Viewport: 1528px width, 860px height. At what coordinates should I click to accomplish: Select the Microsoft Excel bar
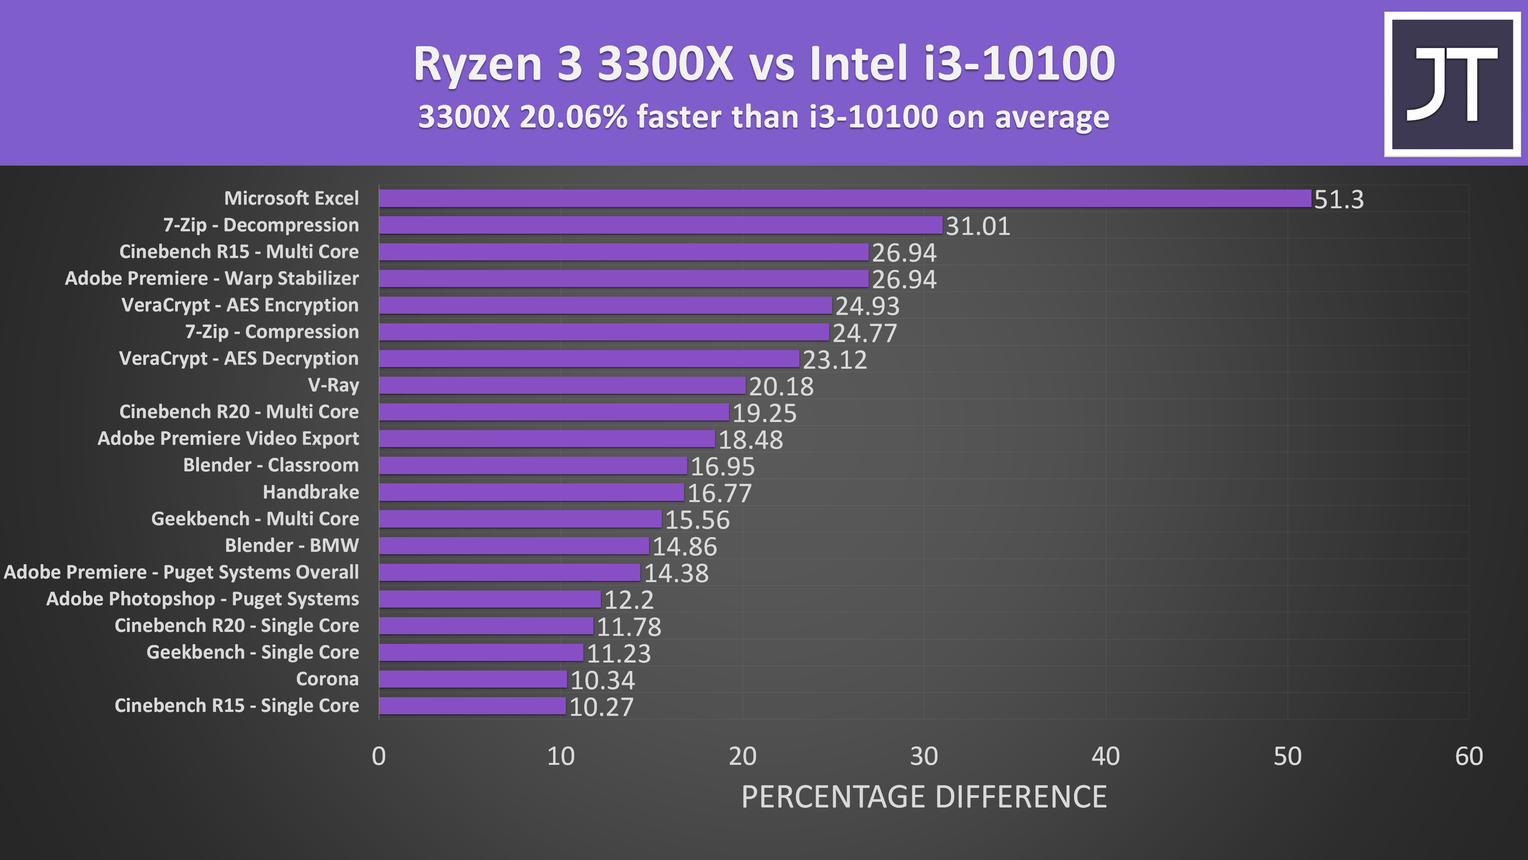pos(845,198)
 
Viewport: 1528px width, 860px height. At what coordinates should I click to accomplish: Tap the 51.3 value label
pos(1339,199)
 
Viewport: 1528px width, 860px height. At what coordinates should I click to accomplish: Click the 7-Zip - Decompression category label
pos(261,225)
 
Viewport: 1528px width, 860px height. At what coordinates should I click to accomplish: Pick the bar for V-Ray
pos(562,385)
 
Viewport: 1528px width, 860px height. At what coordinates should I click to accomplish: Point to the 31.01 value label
pos(978,226)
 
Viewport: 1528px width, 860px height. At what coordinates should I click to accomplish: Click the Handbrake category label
pos(311,492)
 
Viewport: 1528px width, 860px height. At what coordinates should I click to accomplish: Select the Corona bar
pos(473,679)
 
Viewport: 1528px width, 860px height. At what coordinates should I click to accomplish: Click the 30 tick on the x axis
pos(924,756)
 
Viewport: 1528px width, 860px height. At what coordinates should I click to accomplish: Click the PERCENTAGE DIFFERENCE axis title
pos(924,796)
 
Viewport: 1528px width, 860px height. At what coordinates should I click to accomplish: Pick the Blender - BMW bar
pos(514,545)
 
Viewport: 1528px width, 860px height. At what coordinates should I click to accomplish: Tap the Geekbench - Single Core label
pos(253,652)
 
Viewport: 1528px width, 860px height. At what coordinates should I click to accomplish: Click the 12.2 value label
pos(629,600)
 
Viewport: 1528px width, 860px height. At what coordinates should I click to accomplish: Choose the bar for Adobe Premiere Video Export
pos(546,439)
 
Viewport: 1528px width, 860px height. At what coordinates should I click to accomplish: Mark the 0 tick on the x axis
pos(378,756)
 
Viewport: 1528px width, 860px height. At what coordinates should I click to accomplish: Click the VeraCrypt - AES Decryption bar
pos(589,358)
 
